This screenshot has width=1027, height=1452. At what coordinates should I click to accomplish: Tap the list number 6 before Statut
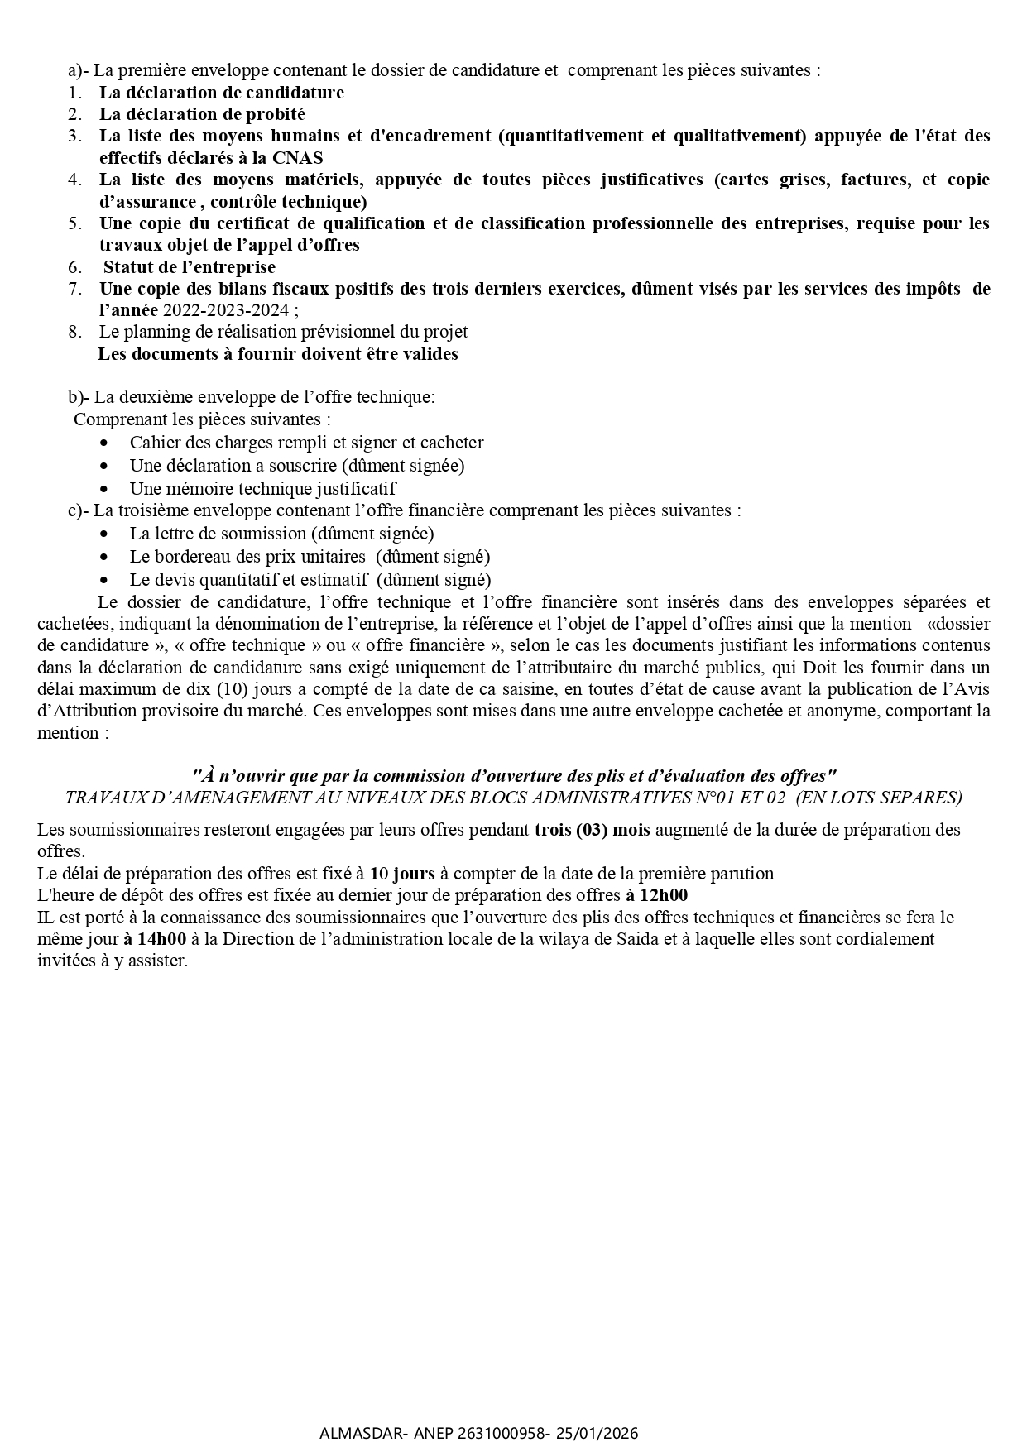74,267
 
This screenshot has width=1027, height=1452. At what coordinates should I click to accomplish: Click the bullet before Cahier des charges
103,443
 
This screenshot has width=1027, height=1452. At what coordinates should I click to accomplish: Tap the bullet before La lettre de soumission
103,535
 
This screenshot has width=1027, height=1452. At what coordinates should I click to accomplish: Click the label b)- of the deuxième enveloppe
79,397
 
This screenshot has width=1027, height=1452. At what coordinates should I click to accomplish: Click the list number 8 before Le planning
74,332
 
